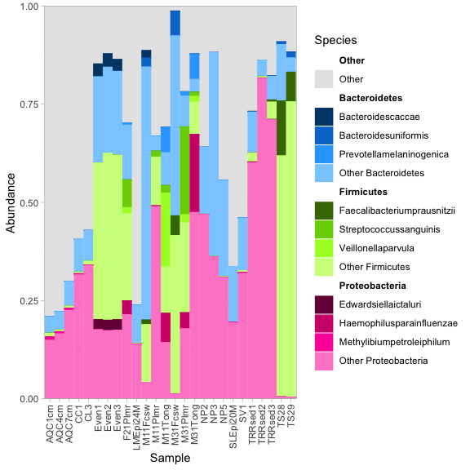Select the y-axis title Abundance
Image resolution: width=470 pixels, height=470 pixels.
pos(11,202)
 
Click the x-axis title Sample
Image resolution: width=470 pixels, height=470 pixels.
pos(170,459)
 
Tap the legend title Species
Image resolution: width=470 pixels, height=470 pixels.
pos(335,40)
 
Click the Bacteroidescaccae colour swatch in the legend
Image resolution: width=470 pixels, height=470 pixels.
pos(324,117)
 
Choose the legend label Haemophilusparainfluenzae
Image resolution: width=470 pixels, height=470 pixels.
pos(388,323)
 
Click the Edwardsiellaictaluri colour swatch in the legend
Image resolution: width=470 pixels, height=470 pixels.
pos(324,304)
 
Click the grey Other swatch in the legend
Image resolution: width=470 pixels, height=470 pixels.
pos(324,79)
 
